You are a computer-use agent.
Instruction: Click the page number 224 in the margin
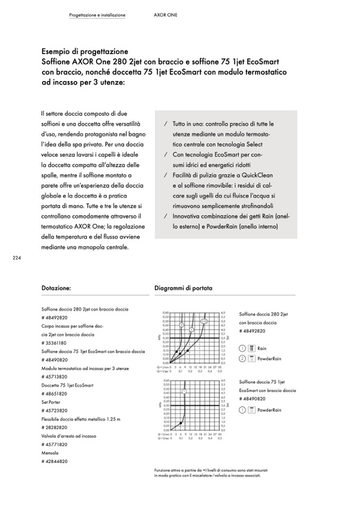(x=15, y=257)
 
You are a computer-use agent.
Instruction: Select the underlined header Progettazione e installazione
(x=97, y=15)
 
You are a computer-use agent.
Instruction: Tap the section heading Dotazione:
(x=56, y=288)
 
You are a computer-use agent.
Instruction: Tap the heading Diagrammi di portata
(x=183, y=288)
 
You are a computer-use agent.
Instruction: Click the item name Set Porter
(x=51, y=402)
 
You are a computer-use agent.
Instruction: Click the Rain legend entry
(x=262, y=349)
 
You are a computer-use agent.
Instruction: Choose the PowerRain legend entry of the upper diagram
(x=269, y=359)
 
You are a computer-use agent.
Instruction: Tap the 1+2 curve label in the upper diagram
(x=204, y=322)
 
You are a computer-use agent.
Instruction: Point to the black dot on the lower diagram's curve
(x=181, y=423)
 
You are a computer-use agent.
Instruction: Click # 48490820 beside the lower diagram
(x=253, y=399)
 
